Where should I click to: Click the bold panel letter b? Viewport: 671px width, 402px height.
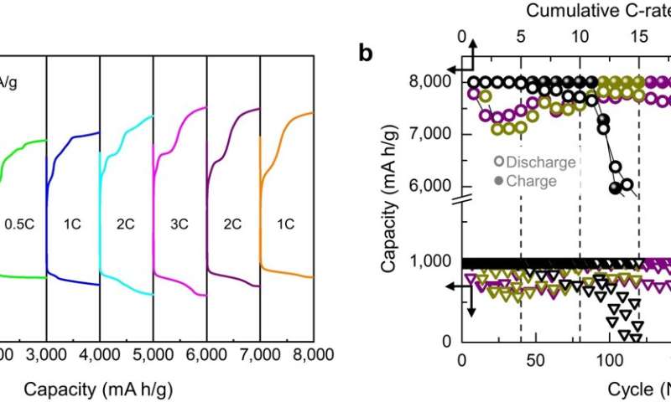click(x=366, y=54)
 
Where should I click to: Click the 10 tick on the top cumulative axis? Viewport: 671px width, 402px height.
click(x=580, y=37)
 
